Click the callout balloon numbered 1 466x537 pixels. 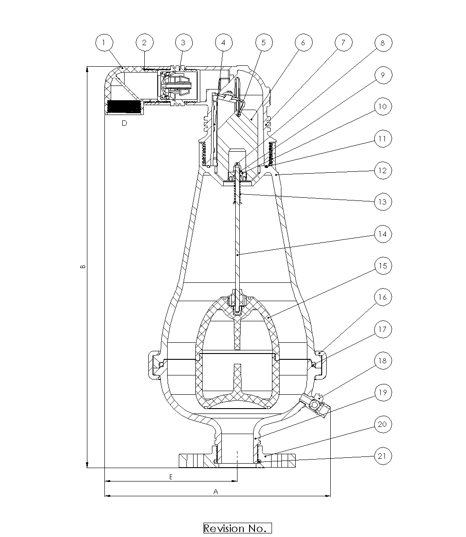tap(104, 43)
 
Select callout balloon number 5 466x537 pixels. tap(264, 43)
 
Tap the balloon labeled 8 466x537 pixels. tap(383, 43)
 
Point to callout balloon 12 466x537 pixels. tap(383, 170)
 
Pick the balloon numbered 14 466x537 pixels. tap(383, 234)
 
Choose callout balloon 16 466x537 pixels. tap(383, 297)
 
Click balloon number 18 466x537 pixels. tap(383, 361)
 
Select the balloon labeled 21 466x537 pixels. tap(383, 456)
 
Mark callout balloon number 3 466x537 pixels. tap(184, 43)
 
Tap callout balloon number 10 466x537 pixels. tap(383, 106)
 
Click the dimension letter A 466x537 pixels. tap(216, 491)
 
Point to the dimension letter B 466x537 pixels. tap(83, 267)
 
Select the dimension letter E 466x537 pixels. tap(171, 477)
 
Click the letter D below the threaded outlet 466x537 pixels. tap(125, 123)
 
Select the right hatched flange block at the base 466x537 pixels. tap(280, 460)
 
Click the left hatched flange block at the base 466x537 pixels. tap(194, 460)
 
